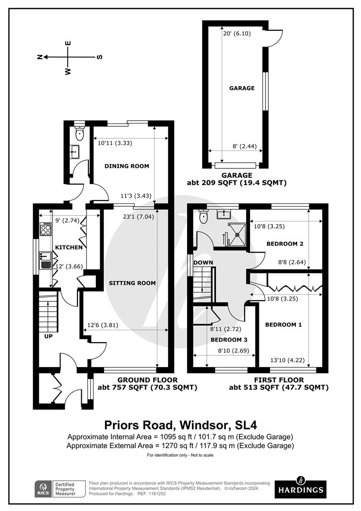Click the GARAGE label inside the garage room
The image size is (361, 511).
click(242, 88)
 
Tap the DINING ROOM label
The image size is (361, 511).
click(127, 166)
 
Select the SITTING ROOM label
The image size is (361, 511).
click(132, 283)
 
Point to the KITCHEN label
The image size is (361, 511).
click(69, 247)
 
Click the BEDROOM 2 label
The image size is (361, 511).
click(285, 244)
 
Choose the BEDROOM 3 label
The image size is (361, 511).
click(229, 340)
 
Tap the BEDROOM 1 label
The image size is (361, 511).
click(283, 324)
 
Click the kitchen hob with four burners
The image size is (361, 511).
click(45, 229)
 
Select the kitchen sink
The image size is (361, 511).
click(45, 260)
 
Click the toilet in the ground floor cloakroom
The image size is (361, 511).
click(79, 133)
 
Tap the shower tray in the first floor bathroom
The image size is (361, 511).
click(237, 234)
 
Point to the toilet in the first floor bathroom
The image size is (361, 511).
click(204, 217)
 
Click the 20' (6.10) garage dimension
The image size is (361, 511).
click(237, 33)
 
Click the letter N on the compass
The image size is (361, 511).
click(40, 57)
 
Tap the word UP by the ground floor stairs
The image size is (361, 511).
click(48, 336)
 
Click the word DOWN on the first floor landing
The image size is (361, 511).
click(203, 262)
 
